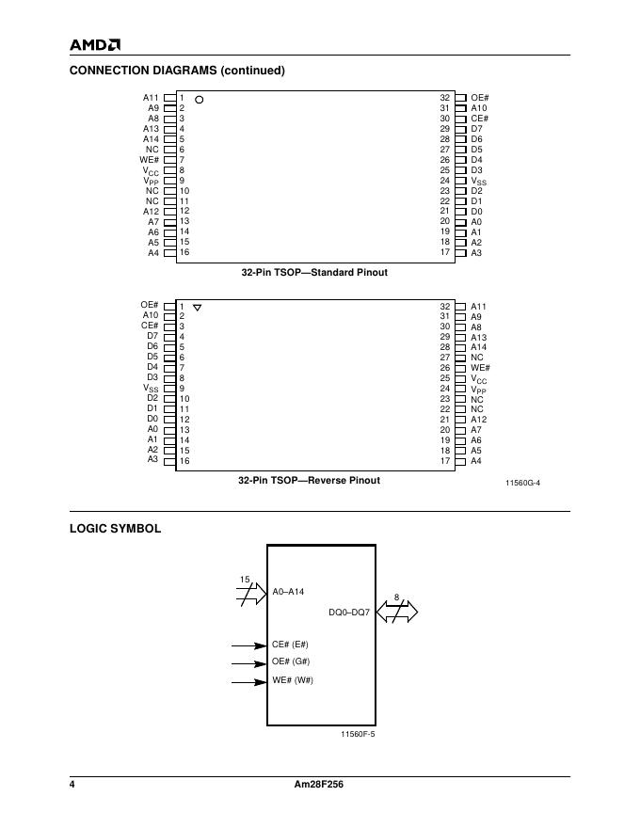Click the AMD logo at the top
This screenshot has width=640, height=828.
pos(95,44)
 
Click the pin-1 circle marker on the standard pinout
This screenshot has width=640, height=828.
pos(200,99)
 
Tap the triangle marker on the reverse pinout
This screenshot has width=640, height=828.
pos(197,308)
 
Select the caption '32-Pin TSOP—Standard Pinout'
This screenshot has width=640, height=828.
pos(314,272)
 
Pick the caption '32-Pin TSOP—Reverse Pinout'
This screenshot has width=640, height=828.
pos(309,480)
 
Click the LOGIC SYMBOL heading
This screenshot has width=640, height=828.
pos(115,529)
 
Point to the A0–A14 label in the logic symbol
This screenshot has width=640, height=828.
pos(289,592)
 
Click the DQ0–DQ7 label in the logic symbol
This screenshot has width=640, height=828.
pos(349,612)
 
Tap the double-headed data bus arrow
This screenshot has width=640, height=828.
pos(396,613)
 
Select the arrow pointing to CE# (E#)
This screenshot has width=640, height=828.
pos(248,645)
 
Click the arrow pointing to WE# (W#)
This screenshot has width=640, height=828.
pos(248,681)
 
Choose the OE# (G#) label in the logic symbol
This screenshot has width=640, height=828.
pos(291,661)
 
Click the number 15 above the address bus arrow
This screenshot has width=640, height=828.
pos(245,580)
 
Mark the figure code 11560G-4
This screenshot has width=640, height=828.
pos(522,483)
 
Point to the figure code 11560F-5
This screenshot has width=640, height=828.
pos(358,733)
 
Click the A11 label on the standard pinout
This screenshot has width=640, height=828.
pos(151,98)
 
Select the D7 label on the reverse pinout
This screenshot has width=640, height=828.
pos(152,336)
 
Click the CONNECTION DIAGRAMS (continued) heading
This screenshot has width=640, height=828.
pos(177,71)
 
